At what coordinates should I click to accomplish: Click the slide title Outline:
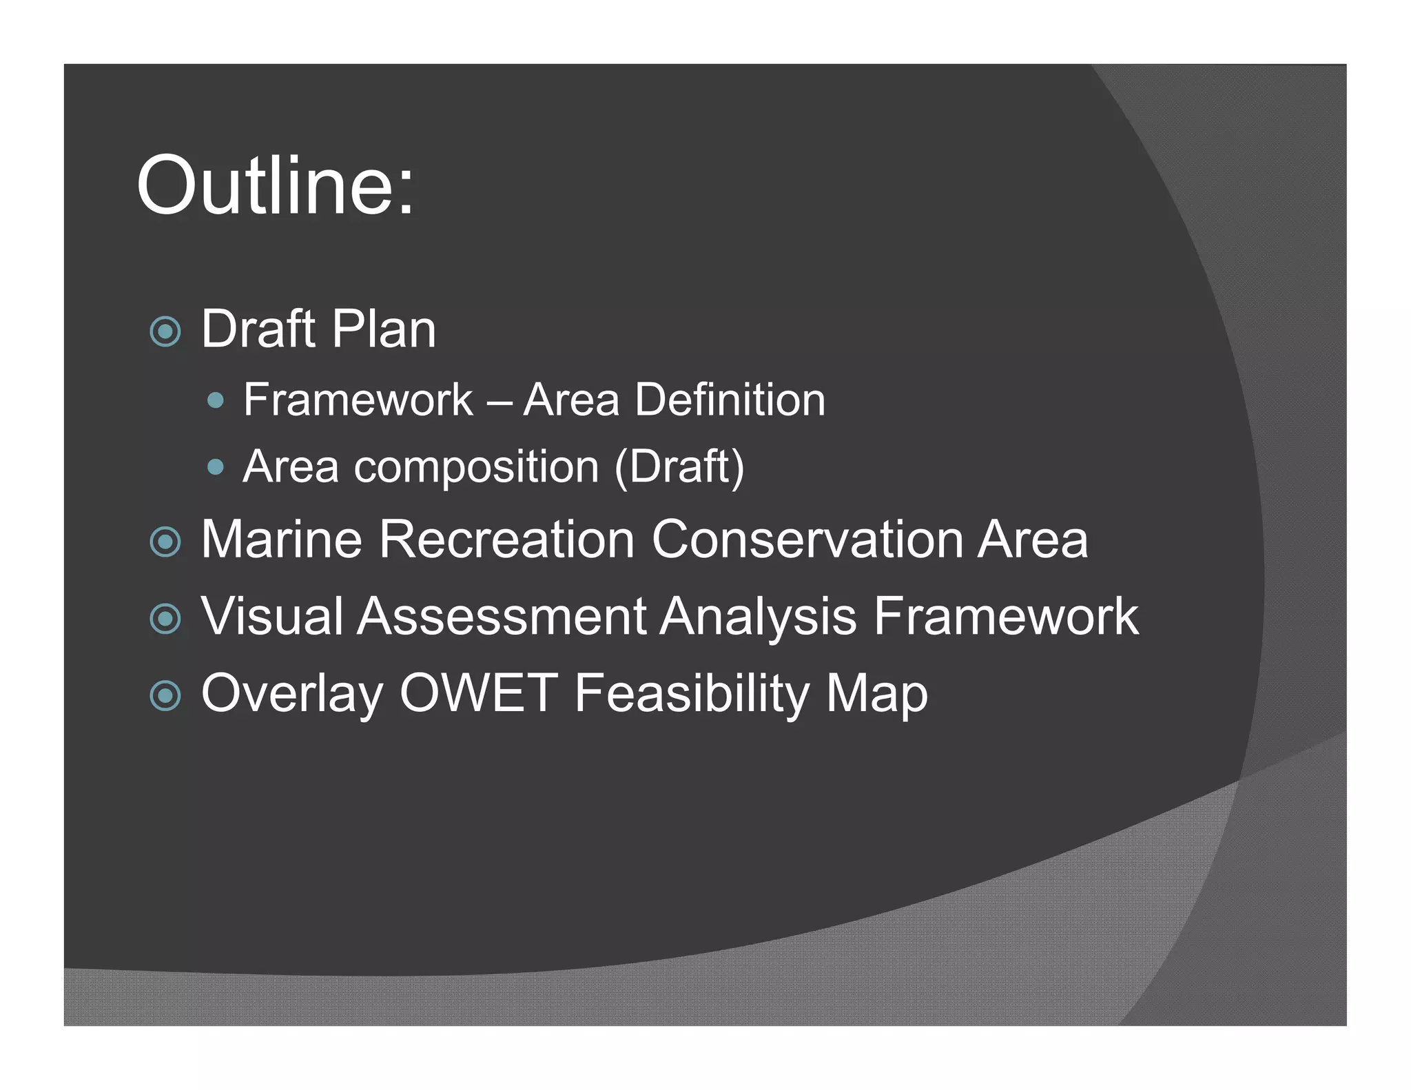point(276,186)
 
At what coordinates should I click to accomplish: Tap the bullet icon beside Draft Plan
point(165,332)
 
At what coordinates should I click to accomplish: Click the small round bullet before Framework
point(216,400)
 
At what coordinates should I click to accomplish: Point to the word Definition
point(730,400)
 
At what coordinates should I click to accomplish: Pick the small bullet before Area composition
point(216,468)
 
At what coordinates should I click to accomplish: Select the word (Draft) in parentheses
point(679,468)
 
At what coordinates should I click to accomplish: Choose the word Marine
point(281,539)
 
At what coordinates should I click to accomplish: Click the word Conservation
point(807,539)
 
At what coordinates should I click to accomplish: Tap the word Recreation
point(506,539)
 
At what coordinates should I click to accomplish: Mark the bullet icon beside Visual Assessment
point(165,619)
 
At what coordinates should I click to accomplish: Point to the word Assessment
point(502,617)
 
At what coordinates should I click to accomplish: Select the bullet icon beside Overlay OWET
point(165,696)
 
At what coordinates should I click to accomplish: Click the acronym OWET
point(479,693)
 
